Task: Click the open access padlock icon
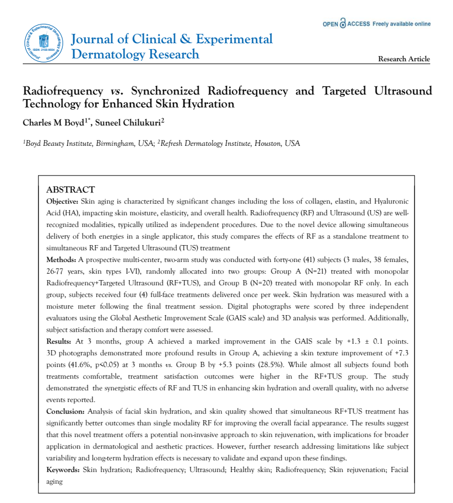click(343, 24)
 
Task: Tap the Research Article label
click(404, 59)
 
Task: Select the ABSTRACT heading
click(70, 190)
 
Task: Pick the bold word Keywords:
click(64, 470)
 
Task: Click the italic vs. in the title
click(120, 91)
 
